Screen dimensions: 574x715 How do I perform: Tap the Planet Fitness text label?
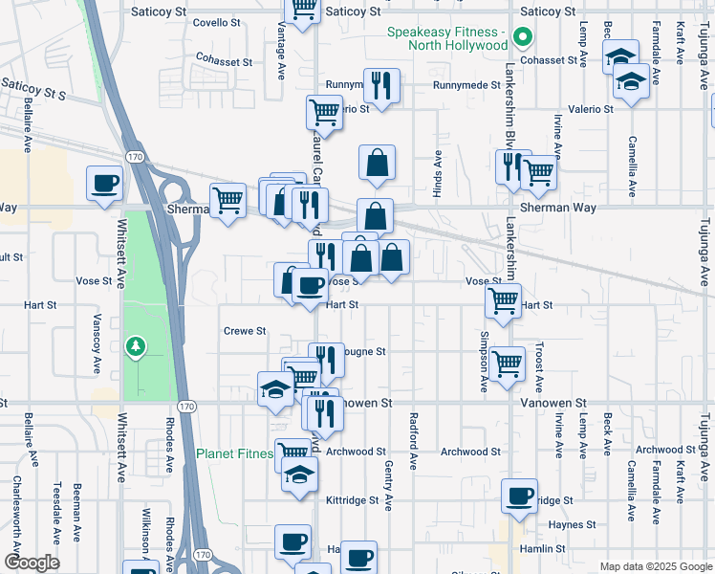[x=234, y=453]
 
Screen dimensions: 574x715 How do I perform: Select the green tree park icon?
[x=136, y=345]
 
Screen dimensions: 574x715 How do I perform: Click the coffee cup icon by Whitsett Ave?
[x=104, y=183]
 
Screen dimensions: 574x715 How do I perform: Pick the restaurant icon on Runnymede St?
[x=381, y=86]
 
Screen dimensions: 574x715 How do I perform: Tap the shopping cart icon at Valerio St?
[x=324, y=113]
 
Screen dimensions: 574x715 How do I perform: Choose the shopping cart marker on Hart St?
[x=503, y=300]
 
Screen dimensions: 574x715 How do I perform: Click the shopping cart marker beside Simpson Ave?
[x=508, y=364]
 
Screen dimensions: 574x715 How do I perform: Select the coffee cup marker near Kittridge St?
[x=519, y=497]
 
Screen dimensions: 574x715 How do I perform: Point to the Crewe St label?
[x=244, y=331]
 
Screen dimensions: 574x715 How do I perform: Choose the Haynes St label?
[x=573, y=524]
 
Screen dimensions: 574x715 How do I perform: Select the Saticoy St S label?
[x=32, y=91]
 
